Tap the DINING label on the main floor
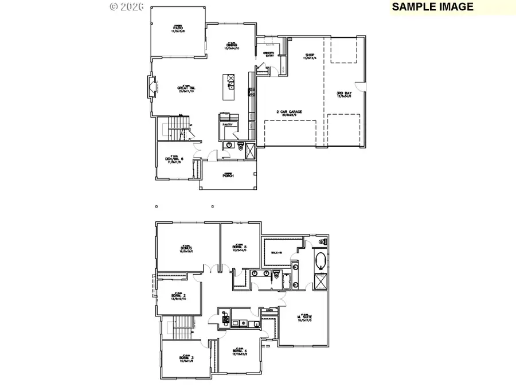click(x=231, y=46)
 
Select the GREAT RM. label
click(x=186, y=89)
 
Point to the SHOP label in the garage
click(x=310, y=56)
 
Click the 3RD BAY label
click(x=344, y=93)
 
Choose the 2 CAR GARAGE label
click(x=288, y=112)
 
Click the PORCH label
click(x=228, y=175)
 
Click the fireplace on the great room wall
click(x=152, y=88)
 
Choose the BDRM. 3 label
click(x=186, y=359)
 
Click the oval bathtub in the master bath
click(x=320, y=263)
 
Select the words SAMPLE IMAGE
click(x=433, y=7)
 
